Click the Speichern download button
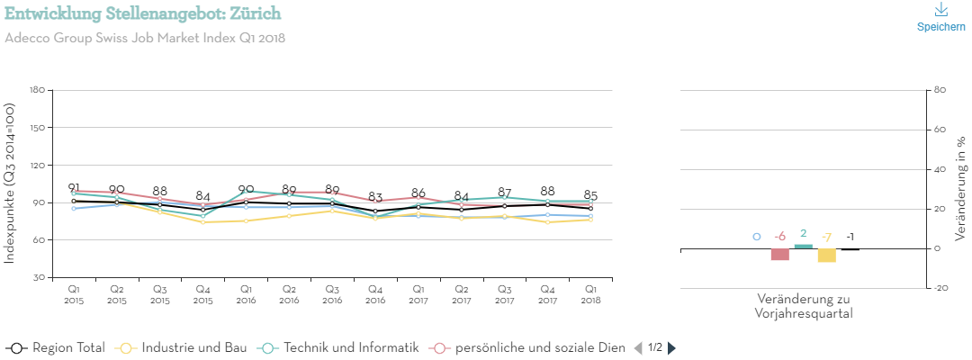coord(940,17)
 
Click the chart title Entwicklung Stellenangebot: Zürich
coord(142,13)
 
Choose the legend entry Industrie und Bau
coord(181,347)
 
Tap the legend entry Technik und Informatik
coord(338,347)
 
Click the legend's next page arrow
coord(671,347)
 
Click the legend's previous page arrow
coord(639,347)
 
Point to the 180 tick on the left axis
coord(37,90)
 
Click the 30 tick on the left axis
coord(40,278)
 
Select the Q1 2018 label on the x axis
coord(590,293)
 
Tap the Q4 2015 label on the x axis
coord(202,293)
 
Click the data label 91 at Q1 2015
coord(74,188)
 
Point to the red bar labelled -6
coord(779,255)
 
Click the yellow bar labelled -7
coord(826,256)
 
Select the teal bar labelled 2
coord(803,247)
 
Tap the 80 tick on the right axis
coord(940,90)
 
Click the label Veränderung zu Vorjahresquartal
coord(804,306)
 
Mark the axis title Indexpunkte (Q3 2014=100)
coord(10,183)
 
